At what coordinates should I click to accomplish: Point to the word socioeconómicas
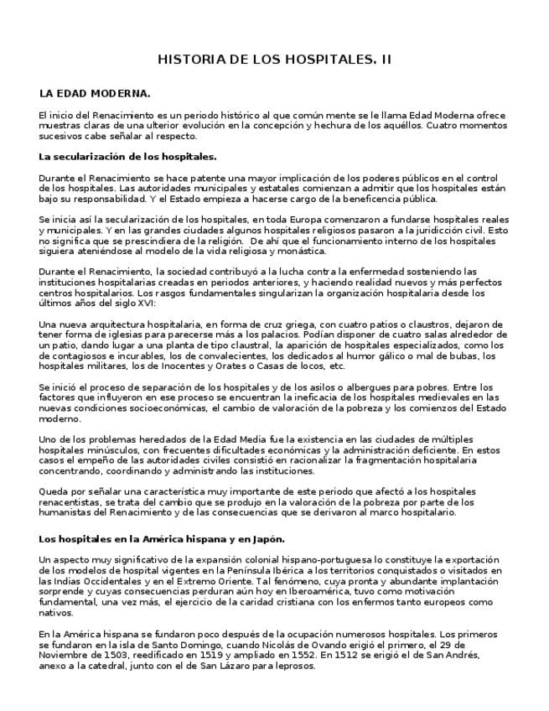(x=162, y=407)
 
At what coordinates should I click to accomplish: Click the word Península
(x=252, y=571)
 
